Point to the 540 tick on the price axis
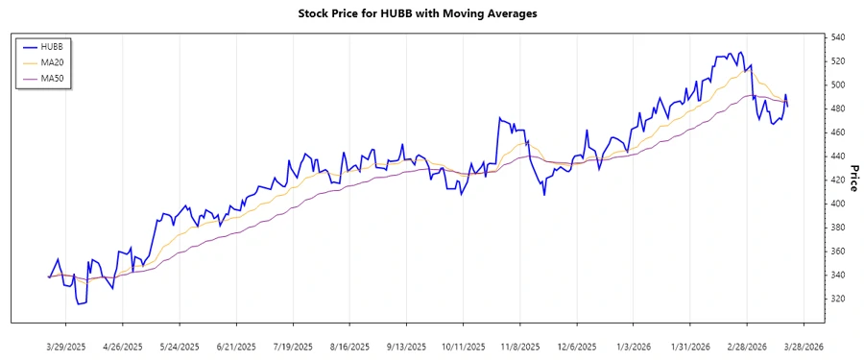click(x=837, y=37)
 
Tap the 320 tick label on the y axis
click(x=837, y=299)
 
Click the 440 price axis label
click(x=837, y=156)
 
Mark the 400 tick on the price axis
click(x=837, y=204)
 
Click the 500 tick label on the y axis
click(x=837, y=84)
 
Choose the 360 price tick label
click(x=837, y=251)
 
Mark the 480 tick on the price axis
click(x=837, y=108)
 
